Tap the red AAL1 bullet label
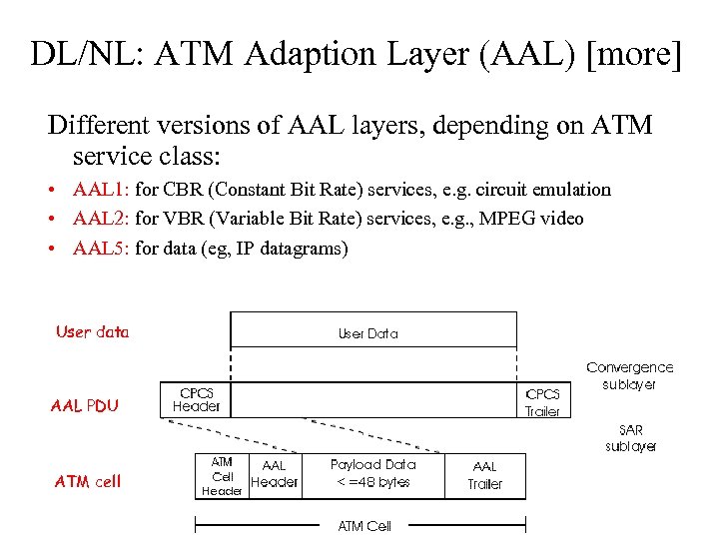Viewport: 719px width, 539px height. (x=101, y=190)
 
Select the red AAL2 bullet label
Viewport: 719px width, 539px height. (x=101, y=219)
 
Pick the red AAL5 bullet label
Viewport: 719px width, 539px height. (x=101, y=249)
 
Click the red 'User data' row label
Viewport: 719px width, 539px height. (x=93, y=332)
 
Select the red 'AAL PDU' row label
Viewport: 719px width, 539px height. (x=85, y=405)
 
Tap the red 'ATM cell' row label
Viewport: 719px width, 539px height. (x=88, y=481)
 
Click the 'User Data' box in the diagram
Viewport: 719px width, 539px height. (x=372, y=333)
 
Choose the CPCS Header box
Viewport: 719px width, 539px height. (x=197, y=400)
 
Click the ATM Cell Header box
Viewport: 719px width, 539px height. (x=222, y=476)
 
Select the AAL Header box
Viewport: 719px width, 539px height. (x=274, y=474)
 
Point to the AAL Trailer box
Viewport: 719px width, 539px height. (x=485, y=475)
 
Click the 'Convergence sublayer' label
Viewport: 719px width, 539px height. (x=629, y=375)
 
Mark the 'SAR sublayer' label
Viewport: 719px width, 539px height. (x=631, y=438)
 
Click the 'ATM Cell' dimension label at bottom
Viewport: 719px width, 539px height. (x=364, y=525)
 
